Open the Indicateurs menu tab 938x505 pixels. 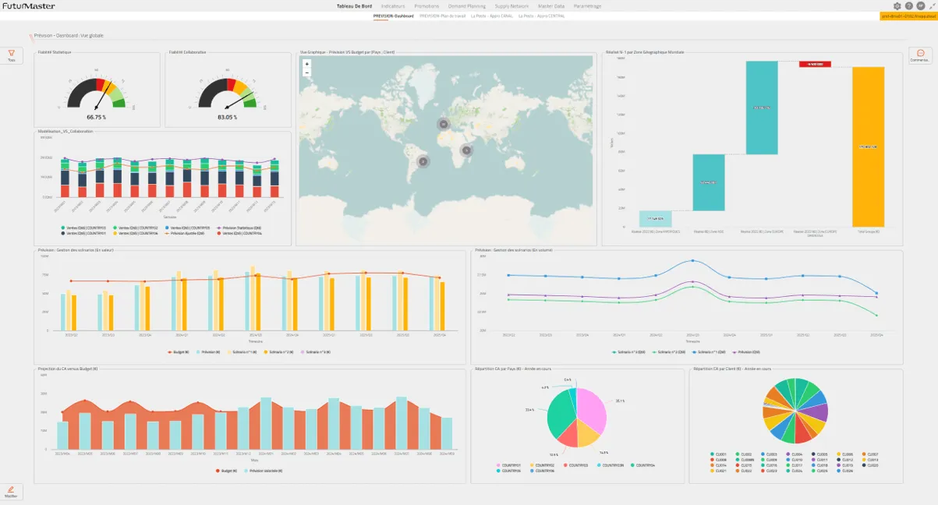click(x=393, y=6)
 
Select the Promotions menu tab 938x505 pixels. click(x=427, y=6)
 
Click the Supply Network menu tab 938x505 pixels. click(x=511, y=6)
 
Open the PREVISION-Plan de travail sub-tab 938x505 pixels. click(x=442, y=16)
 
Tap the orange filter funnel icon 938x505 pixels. click(x=11, y=53)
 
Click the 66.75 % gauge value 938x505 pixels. click(x=96, y=117)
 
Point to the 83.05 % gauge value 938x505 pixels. click(x=227, y=117)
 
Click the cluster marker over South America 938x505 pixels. click(x=423, y=161)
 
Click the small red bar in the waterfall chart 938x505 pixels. click(x=815, y=64)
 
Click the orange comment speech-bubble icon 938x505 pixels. click(x=921, y=53)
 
